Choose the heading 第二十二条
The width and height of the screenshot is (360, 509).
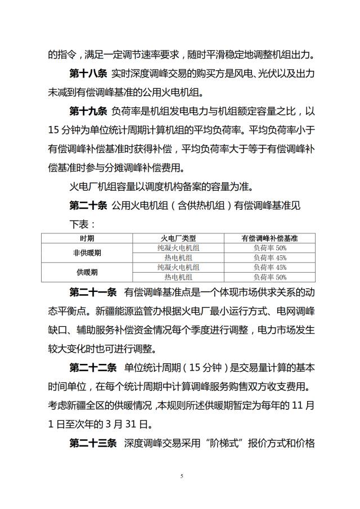(93, 368)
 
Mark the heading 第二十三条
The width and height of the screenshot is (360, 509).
(93, 443)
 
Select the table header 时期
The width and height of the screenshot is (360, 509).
(87, 238)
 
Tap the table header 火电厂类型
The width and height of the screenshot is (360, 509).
(178, 238)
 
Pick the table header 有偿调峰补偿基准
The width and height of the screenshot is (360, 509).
(269, 238)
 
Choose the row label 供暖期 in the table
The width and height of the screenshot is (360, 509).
(87, 272)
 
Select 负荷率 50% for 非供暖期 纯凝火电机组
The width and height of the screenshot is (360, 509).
(269, 247)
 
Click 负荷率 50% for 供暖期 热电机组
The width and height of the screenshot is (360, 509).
(269, 277)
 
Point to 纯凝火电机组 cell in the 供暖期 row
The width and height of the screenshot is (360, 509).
(178, 267)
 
